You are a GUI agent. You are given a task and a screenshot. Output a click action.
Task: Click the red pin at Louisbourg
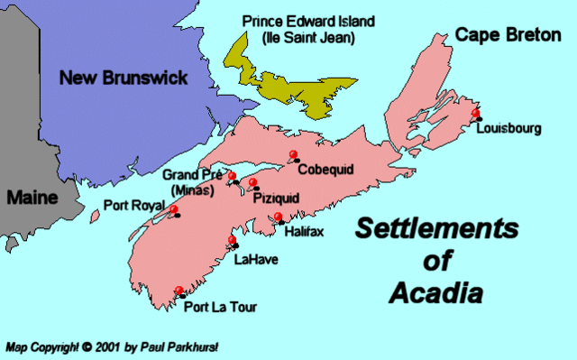476,111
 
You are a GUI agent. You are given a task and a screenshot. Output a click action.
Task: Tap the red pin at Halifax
279,217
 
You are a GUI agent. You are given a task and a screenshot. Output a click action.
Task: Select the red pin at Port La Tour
179,291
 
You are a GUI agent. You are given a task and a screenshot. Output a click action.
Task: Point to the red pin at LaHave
233,240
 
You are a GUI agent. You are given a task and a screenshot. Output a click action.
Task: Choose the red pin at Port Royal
171,209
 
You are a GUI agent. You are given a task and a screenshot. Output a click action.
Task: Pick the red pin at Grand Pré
232,176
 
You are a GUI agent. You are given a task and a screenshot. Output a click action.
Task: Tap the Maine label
29,198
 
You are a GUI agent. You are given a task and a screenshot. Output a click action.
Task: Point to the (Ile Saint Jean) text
307,39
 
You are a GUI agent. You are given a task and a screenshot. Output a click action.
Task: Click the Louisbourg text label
510,129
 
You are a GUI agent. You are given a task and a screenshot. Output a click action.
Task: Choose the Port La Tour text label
220,308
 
